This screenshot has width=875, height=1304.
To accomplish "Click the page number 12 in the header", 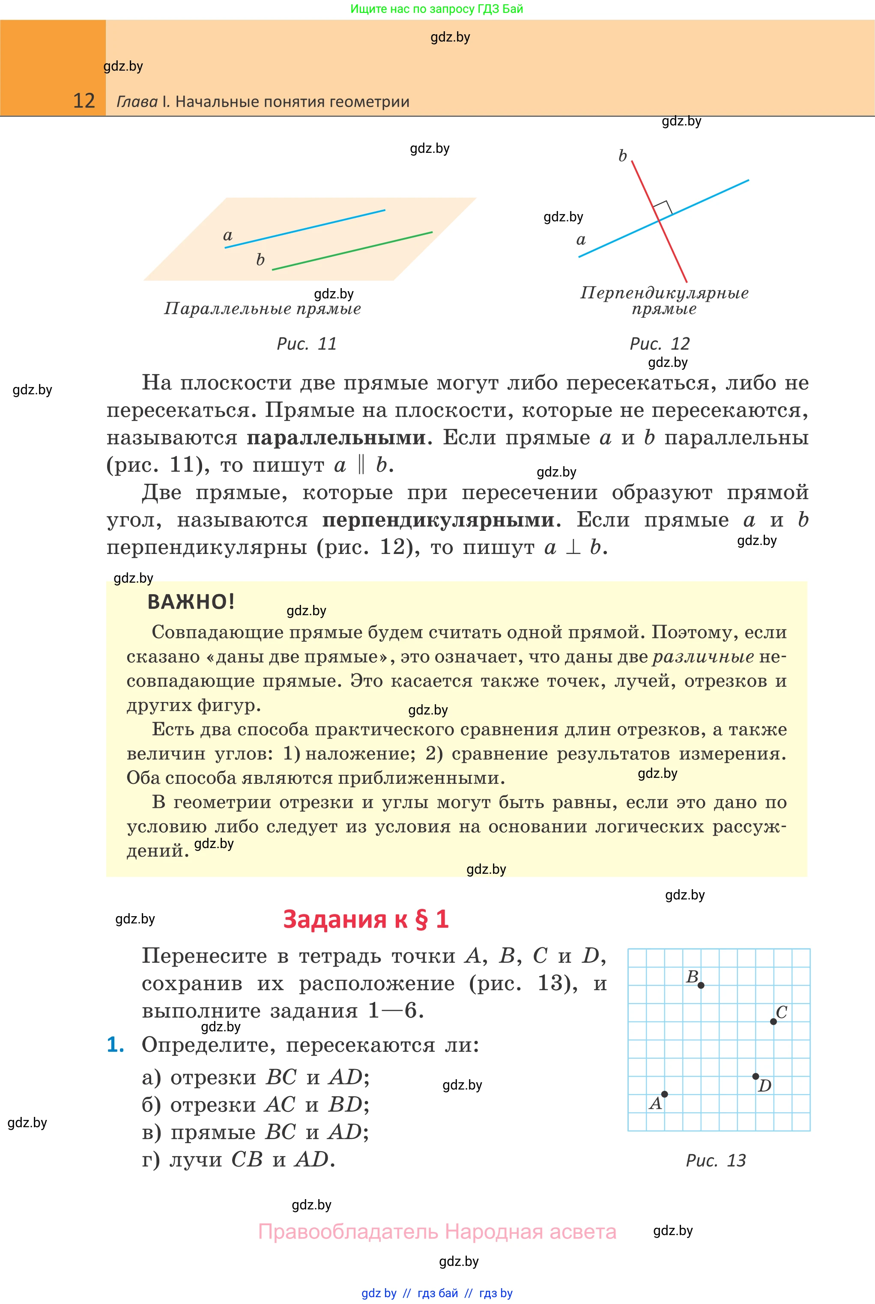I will click(x=84, y=101).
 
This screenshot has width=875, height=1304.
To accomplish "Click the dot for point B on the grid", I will click(x=701, y=985).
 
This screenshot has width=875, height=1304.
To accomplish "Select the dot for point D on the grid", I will click(x=755, y=1076).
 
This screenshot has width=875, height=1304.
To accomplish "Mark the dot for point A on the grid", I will click(x=664, y=1094).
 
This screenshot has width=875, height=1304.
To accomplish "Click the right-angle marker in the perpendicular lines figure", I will click(x=663, y=208).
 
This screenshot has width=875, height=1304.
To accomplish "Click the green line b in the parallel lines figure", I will click(x=352, y=251).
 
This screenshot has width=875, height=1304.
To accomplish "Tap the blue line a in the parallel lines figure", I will click(x=304, y=229).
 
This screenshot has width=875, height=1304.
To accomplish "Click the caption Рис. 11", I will click(x=307, y=344).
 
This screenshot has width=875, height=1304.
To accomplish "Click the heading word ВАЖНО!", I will click(x=191, y=602).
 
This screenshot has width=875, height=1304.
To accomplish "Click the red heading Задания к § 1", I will click(x=365, y=919).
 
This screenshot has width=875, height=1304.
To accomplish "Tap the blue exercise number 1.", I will click(x=115, y=1045).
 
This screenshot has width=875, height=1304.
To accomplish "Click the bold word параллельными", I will click(x=336, y=438).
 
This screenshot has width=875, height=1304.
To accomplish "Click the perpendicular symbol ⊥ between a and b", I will click(x=573, y=547).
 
